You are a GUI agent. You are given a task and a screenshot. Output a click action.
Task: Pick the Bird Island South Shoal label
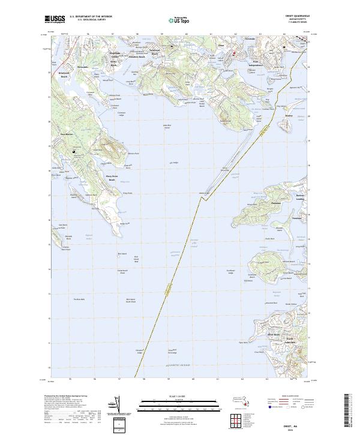[x=131, y=301]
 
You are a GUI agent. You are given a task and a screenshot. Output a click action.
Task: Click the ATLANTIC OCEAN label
[x=180, y=364]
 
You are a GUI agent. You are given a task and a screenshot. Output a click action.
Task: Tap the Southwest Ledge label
[x=230, y=272]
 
